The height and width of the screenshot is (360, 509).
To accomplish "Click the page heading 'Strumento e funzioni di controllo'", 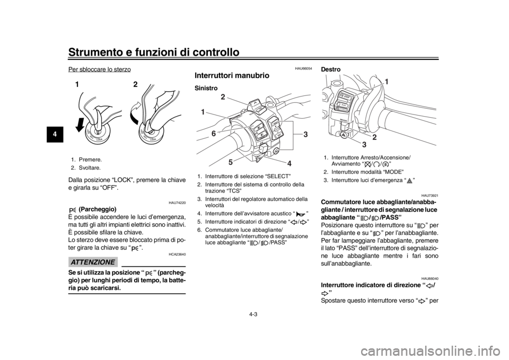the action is [x=154, y=52].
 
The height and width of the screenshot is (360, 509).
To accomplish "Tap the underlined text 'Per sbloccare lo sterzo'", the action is [x=100, y=69].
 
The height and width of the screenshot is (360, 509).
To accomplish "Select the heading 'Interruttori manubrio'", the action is [x=232, y=76].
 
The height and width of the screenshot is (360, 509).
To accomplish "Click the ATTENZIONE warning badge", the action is [x=93, y=262].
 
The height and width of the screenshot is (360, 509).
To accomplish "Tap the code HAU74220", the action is [x=177, y=203].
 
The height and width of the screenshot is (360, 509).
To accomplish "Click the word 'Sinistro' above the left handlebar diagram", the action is [x=206, y=89].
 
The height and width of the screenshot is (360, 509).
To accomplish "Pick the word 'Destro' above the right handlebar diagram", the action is [x=330, y=69].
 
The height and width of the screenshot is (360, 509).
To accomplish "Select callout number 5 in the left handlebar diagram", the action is [x=230, y=162].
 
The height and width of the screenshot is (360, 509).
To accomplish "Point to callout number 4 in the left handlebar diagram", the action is [x=289, y=164].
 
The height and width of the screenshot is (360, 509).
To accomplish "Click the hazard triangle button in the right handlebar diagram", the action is [x=343, y=134].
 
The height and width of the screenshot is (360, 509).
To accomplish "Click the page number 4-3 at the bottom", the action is [x=253, y=314].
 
